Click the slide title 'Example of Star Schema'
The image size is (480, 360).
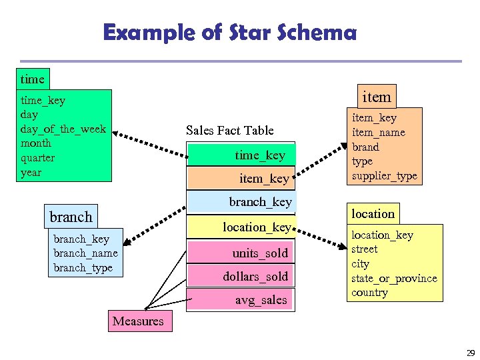click(x=229, y=32)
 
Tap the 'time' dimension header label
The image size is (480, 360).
click(x=32, y=79)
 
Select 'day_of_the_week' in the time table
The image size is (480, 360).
click(x=63, y=129)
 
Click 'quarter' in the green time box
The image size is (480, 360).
click(x=38, y=158)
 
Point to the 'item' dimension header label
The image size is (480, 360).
click(x=376, y=97)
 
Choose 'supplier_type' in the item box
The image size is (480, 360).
click(x=384, y=176)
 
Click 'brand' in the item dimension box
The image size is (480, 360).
click(x=365, y=147)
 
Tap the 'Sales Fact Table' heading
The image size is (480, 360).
click(x=229, y=130)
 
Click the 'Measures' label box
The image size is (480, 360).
click(x=138, y=321)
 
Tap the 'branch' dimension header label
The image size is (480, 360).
click(x=71, y=217)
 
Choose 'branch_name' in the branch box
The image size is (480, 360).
click(x=85, y=253)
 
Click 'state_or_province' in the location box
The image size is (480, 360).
click(x=394, y=278)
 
